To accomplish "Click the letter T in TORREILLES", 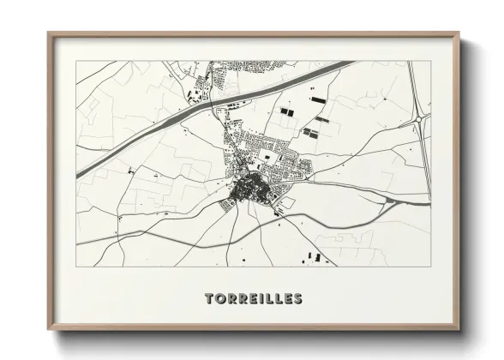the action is point(209,299).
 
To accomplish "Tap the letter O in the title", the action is point(219,299).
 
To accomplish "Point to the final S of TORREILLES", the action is point(297,299).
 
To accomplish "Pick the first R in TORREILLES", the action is point(231,299).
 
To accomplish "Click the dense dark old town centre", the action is point(247,190).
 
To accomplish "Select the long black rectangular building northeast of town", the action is point(319,100).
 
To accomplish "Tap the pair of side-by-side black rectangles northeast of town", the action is point(286,112).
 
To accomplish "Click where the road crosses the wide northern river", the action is point(208,106).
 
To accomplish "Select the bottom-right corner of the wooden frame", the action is point(459,329).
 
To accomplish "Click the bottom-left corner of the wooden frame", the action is point(49,329).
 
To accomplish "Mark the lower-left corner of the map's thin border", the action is point(76,266).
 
